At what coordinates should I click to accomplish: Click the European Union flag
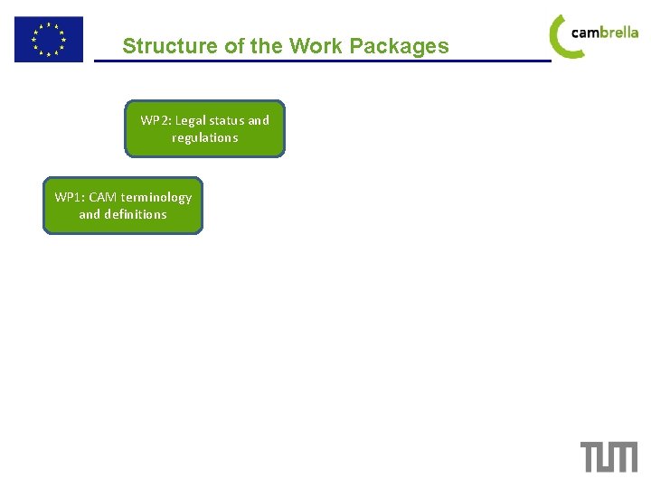click(48, 39)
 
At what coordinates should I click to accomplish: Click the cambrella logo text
click(605, 33)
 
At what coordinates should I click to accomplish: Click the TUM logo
click(609, 456)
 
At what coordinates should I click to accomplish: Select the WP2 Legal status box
click(204, 128)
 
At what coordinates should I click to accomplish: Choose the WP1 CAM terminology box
click(123, 205)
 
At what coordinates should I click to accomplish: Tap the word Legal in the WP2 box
click(190, 120)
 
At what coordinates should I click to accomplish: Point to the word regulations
click(205, 137)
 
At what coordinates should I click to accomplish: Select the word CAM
click(103, 197)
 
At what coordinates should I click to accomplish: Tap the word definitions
click(136, 214)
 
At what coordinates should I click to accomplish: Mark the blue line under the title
click(322, 61)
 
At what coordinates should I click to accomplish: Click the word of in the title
click(233, 46)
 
